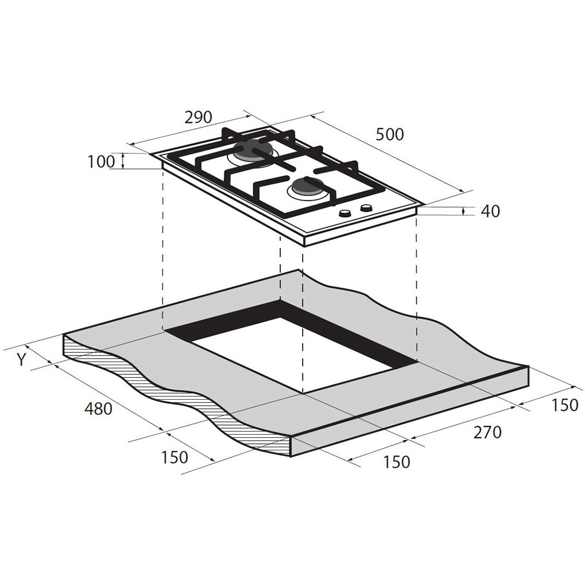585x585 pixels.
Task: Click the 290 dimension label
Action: point(198,117)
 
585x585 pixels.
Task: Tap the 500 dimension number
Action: point(389,135)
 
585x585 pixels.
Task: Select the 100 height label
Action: point(101,162)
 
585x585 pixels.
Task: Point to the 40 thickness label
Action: point(490,212)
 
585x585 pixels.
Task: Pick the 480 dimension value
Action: point(99,409)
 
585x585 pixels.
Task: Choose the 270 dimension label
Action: point(487,433)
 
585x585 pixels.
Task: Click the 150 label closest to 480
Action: point(174,457)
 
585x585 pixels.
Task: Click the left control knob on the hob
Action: point(345,213)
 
